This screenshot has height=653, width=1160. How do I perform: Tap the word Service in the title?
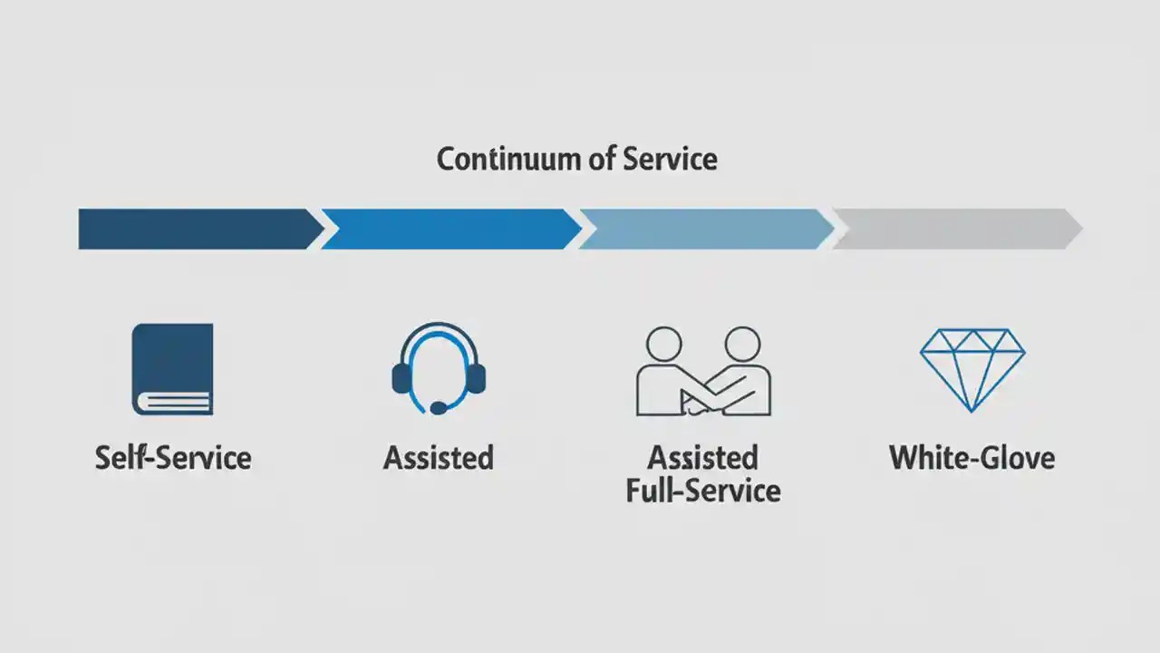tap(670, 160)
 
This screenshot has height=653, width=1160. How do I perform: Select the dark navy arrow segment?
tap(195, 229)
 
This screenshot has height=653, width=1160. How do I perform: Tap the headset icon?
tap(439, 367)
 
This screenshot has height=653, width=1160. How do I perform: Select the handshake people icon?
tap(703, 371)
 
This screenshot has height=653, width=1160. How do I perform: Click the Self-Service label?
tap(173, 457)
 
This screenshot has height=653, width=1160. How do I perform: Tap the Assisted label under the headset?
tap(439, 457)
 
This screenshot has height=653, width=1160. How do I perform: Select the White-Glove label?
tap(972, 457)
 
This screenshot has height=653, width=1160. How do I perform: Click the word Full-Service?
tap(703, 491)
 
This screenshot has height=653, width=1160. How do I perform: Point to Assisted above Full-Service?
tap(703, 457)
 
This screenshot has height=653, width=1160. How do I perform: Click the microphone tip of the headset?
tap(438, 408)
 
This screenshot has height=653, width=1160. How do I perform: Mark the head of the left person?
tap(662, 345)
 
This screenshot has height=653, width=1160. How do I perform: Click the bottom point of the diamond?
tap(972, 410)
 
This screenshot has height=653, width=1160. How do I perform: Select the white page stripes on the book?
tap(174, 402)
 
